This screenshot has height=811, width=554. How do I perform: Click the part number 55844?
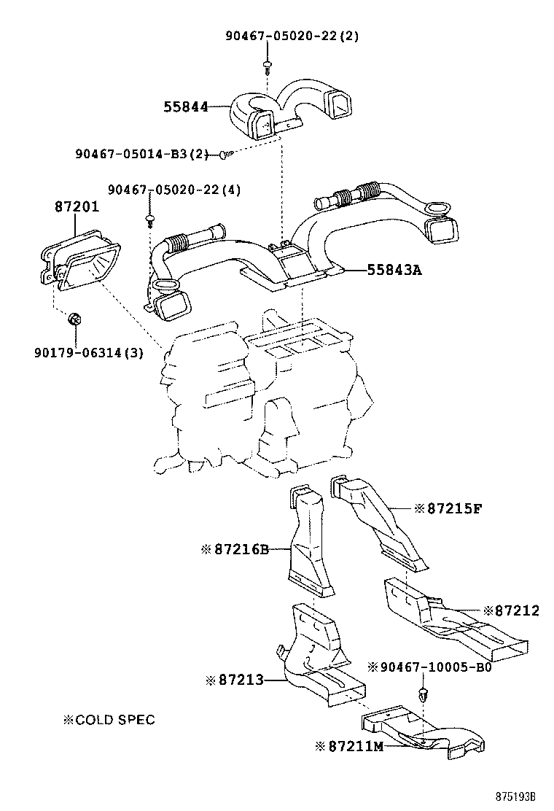[x=185, y=107]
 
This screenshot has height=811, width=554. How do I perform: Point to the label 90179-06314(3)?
[x=88, y=353]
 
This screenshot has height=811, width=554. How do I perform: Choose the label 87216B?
[x=235, y=548]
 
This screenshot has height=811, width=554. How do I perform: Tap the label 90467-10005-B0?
[x=429, y=667]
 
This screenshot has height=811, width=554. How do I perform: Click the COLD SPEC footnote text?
[x=109, y=720]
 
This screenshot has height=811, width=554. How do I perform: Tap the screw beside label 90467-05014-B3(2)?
[x=225, y=155]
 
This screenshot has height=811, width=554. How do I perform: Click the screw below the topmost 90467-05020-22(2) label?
[x=267, y=67]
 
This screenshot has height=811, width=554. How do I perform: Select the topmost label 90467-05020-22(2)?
[x=292, y=35]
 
